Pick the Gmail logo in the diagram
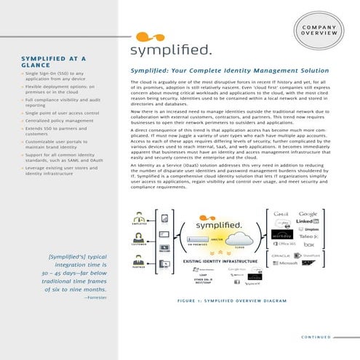pyautogui.click(x=282, y=214)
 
